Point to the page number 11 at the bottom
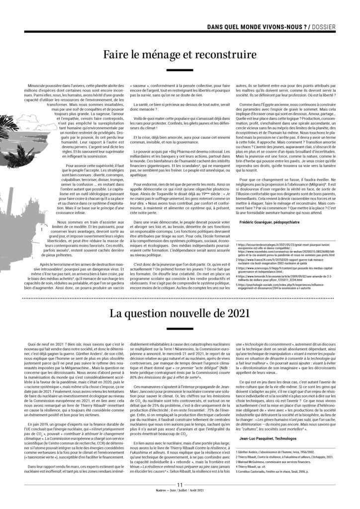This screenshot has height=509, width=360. pyautogui.click(x=180, y=486)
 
